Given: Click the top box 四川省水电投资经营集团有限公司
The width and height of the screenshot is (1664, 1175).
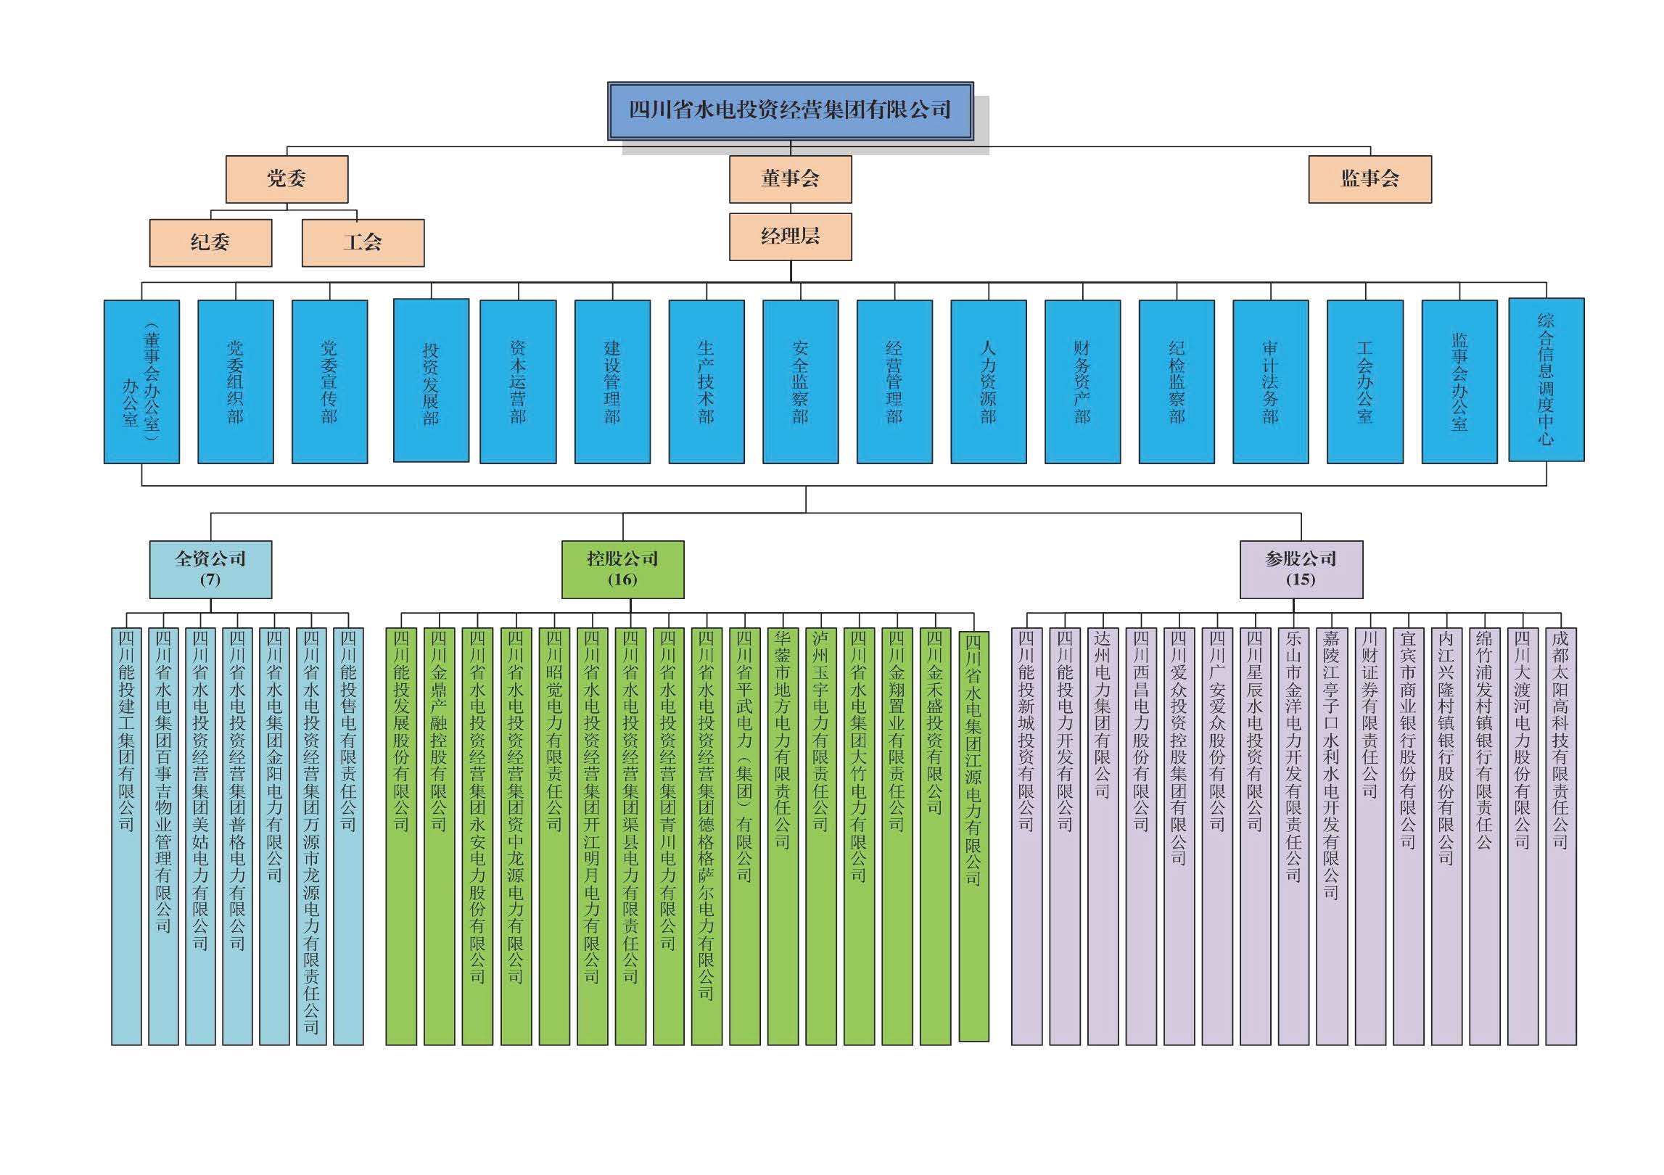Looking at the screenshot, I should click(x=790, y=111).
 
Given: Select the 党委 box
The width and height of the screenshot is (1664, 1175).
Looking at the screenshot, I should click(x=287, y=179).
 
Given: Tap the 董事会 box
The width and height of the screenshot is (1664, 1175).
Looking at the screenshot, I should click(x=790, y=179).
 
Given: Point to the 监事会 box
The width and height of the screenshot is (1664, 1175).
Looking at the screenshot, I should click(x=1369, y=179).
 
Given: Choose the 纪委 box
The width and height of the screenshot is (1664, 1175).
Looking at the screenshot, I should click(x=210, y=242).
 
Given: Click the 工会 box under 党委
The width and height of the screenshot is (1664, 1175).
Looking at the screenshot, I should click(x=363, y=242).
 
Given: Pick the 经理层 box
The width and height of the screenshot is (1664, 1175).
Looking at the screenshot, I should click(x=790, y=236).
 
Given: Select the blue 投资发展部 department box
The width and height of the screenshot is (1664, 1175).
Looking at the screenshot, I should click(x=431, y=381).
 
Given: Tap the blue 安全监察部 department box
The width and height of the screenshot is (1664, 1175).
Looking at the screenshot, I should click(x=800, y=382).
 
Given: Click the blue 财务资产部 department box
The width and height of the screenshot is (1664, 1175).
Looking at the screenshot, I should click(x=1082, y=382).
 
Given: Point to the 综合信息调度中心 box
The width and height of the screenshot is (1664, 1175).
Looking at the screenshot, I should click(x=1546, y=379).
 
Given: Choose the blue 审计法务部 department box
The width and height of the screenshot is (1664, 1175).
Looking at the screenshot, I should click(x=1270, y=382).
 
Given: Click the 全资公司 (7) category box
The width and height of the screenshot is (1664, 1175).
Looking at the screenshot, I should click(x=210, y=569).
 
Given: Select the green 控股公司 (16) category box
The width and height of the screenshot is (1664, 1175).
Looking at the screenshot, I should click(x=622, y=569).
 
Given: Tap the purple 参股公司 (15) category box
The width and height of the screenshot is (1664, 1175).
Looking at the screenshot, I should click(x=1301, y=569).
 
